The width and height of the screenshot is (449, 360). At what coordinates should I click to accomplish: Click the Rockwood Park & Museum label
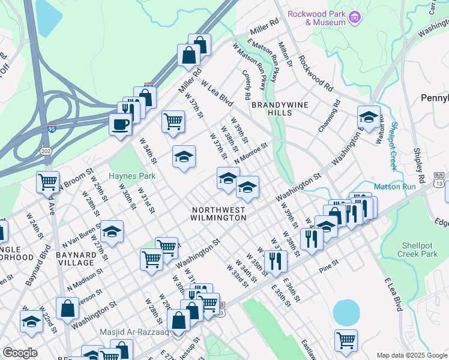coord(316,17)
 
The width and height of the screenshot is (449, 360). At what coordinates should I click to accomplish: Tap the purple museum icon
coord(355,17)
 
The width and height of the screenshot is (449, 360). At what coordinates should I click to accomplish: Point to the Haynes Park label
coord(132,176)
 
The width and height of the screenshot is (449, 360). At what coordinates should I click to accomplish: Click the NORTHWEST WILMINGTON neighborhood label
coord(219,214)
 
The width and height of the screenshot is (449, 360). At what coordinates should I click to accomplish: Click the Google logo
coord(20,353)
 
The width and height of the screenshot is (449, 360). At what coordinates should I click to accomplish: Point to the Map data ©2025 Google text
coord(411,355)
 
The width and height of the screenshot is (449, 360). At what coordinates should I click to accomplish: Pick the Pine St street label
coord(329,265)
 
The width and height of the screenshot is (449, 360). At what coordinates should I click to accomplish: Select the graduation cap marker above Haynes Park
coord(184,157)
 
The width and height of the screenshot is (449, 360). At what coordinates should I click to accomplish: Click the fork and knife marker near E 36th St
coord(275,260)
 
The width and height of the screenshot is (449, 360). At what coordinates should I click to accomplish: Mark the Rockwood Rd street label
coord(315,74)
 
